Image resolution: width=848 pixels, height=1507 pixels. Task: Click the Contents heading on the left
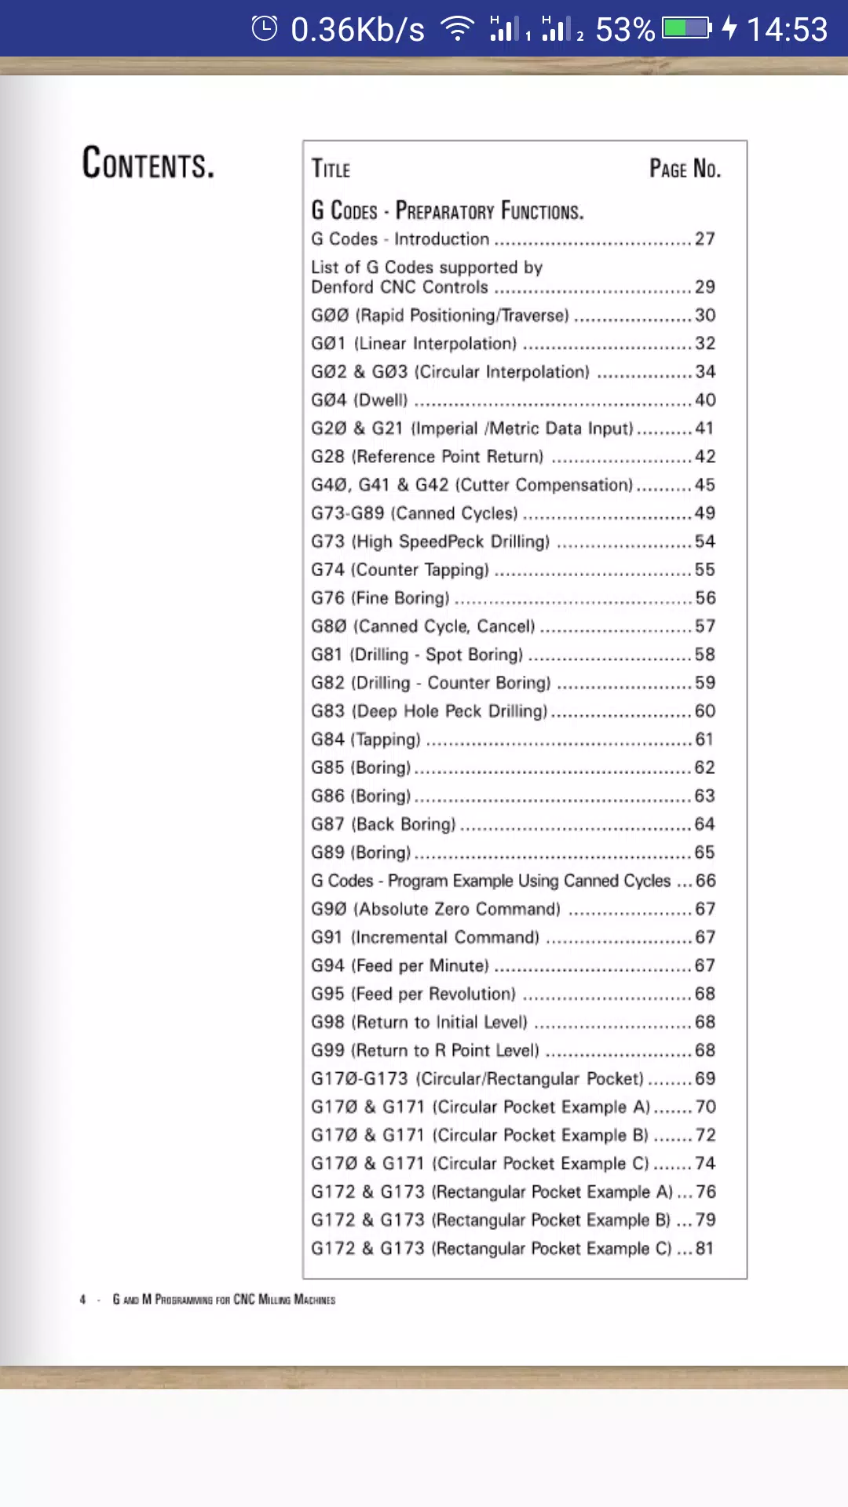coord(148,163)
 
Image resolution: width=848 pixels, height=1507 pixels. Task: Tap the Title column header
coord(331,169)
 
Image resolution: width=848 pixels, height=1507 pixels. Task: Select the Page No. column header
coord(685,169)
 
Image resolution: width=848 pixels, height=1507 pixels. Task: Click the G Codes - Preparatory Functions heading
coord(447,211)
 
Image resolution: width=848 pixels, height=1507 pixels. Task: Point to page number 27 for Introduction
coord(704,239)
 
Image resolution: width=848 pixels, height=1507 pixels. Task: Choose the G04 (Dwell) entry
coord(360,400)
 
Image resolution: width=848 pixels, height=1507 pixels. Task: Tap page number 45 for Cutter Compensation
coord(704,485)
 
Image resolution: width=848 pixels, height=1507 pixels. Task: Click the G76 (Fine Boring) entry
coord(381,598)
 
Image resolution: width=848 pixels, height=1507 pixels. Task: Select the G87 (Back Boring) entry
coord(383,824)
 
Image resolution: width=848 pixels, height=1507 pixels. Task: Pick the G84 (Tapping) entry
coord(366,739)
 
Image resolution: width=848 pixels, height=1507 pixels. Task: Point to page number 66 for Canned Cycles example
coord(705,881)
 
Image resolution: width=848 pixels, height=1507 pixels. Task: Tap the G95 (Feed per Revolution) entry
coord(413,994)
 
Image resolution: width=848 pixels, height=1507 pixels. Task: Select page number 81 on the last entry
coord(704,1248)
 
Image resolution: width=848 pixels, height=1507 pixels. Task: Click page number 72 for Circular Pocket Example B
coord(705,1135)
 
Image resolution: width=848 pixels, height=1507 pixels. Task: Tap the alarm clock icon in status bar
coord(265,29)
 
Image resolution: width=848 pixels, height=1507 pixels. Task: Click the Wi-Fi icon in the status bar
coord(458,29)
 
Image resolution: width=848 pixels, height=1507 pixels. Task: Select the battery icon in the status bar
coord(686,29)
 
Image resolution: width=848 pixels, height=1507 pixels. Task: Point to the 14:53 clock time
coord(787,30)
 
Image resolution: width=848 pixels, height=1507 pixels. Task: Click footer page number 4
coord(82,1300)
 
